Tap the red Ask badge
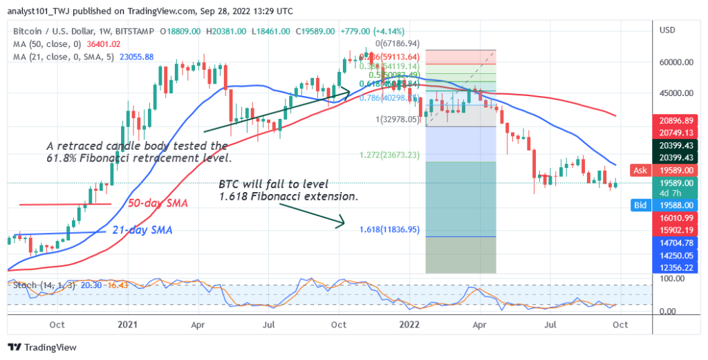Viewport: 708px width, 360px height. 640,169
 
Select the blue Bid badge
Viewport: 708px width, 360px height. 640,205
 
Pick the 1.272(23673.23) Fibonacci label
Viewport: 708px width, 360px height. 390,155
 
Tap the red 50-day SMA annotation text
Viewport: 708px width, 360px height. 158,204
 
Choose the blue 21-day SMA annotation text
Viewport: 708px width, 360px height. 144,230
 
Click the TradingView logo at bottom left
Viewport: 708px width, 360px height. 42,347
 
